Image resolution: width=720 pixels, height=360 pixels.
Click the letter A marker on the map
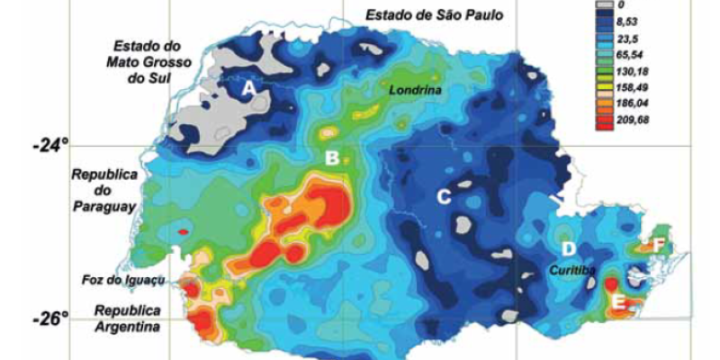[249, 88]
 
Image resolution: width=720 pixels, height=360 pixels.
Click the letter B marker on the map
[331, 159]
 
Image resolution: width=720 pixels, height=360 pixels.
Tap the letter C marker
[444, 196]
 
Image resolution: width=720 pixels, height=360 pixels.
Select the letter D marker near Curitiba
[568, 248]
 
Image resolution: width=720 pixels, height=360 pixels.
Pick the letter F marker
[660, 244]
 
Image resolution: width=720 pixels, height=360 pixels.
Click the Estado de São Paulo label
[434, 14]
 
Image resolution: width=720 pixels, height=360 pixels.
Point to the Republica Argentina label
[127, 319]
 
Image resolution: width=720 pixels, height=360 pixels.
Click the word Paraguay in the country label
[107, 206]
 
